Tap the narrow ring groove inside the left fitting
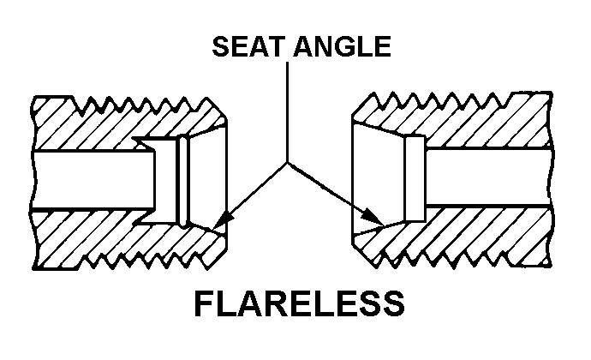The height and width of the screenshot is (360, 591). click(184, 181)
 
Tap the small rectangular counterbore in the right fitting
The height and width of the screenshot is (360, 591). click(415, 178)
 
